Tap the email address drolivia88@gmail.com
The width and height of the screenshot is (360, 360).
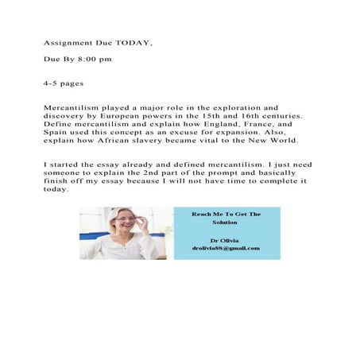point(226,248)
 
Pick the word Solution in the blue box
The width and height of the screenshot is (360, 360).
point(226,223)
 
